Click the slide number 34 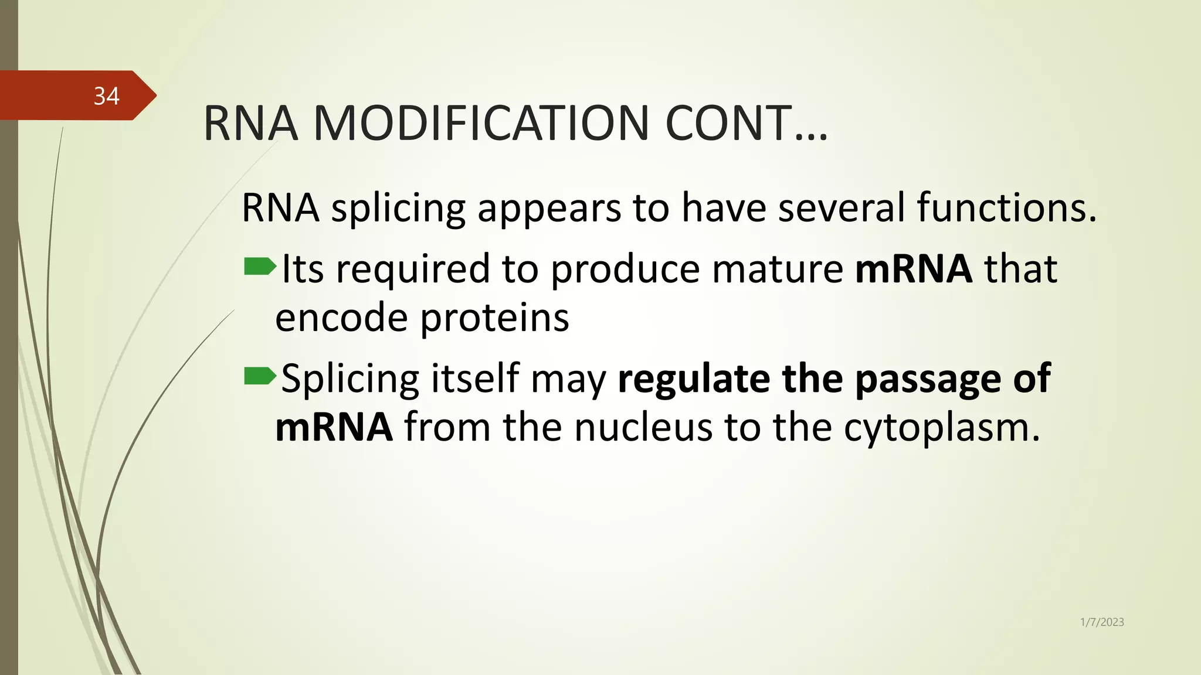[x=106, y=96]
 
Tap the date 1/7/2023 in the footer [x=1102, y=622]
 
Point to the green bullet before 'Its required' [x=259, y=267]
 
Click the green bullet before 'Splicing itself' [x=259, y=376]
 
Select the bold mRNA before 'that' [x=914, y=269]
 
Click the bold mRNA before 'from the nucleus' [x=334, y=427]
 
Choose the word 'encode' [x=341, y=318]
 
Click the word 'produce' [x=625, y=270]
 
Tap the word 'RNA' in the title [x=250, y=123]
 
